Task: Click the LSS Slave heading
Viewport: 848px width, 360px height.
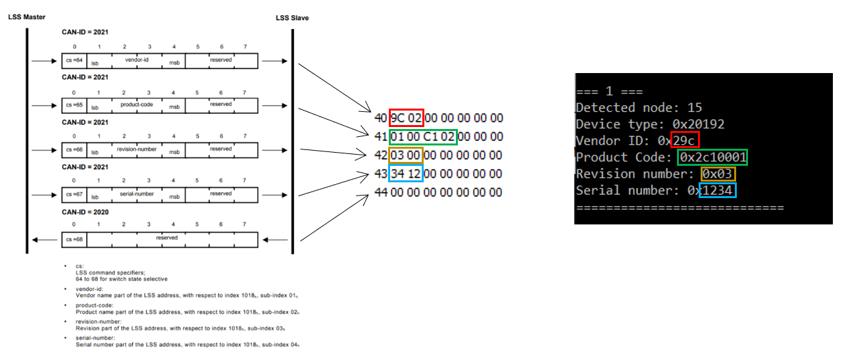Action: pyautogui.click(x=292, y=18)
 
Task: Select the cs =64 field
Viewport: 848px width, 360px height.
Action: pyautogui.click(x=74, y=61)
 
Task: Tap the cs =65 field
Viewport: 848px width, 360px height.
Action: pyautogui.click(x=74, y=105)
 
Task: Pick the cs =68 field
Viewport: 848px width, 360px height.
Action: pyautogui.click(x=74, y=240)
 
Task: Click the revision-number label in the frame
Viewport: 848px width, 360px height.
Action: pyautogui.click(x=137, y=149)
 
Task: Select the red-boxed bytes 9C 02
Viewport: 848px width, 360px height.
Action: pyautogui.click(x=407, y=118)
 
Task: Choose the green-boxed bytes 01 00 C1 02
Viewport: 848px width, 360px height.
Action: pyautogui.click(x=423, y=137)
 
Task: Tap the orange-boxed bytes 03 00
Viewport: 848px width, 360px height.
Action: pyautogui.click(x=407, y=155)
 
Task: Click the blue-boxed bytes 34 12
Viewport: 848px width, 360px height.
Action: pyautogui.click(x=407, y=174)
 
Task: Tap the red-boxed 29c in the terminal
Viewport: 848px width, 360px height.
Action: pyautogui.click(x=685, y=140)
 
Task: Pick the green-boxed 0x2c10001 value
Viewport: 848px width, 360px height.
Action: pyautogui.click(x=712, y=157)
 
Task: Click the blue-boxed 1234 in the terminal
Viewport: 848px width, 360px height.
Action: pyautogui.click(x=718, y=191)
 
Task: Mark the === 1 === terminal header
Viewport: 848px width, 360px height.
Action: pyautogui.click(x=609, y=91)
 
